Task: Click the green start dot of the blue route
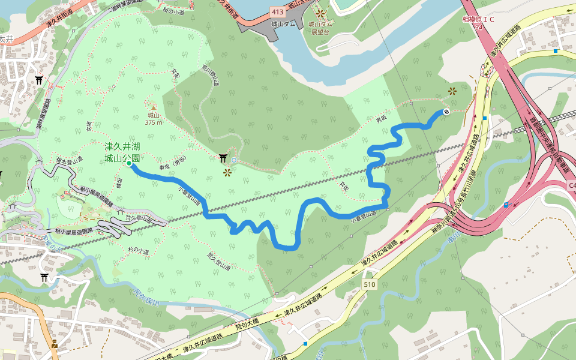click(x=129, y=163)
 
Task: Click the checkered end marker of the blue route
click(x=446, y=112)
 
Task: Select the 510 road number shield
click(x=369, y=284)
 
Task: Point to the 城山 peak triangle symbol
click(x=152, y=106)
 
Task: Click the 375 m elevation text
click(x=154, y=122)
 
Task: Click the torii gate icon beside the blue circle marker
click(x=223, y=158)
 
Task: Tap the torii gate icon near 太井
click(x=40, y=80)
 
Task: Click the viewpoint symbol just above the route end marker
click(x=452, y=91)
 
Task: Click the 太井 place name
click(x=5, y=38)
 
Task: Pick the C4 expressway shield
click(x=571, y=186)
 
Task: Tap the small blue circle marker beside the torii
click(x=234, y=160)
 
